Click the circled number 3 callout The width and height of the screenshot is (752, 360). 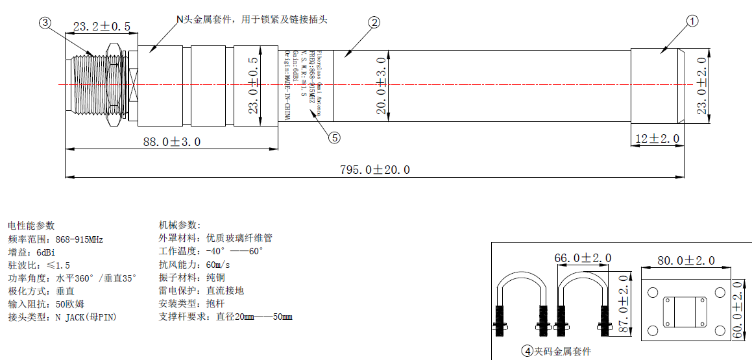click(45, 23)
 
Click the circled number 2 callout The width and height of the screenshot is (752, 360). click(374, 23)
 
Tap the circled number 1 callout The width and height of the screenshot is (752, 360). click(692, 21)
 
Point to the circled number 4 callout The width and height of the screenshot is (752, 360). click(527, 352)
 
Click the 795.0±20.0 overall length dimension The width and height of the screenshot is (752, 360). click(375, 170)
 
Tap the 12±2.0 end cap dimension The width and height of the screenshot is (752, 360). click(657, 139)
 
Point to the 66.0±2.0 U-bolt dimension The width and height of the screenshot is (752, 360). click(583, 258)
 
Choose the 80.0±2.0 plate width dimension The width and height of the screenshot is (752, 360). click(686, 261)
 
